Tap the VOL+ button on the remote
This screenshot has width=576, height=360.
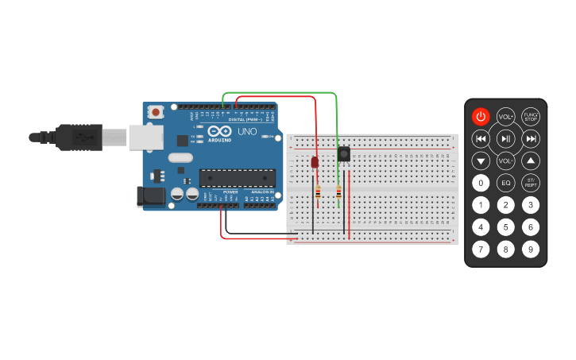click(x=505, y=117)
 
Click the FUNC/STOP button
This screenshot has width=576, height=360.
click(x=531, y=117)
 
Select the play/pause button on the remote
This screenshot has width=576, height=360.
click(x=505, y=139)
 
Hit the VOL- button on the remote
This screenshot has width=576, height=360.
click(x=505, y=161)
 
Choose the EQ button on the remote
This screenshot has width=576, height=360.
click(x=505, y=183)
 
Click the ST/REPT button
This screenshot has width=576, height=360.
click(x=531, y=183)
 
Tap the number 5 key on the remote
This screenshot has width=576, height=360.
click(x=505, y=226)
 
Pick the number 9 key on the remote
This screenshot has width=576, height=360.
click(x=531, y=249)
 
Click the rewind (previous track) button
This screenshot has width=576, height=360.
click(x=481, y=139)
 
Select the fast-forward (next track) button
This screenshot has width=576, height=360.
click(x=531, y=139)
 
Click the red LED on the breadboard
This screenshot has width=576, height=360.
click(x=315, y=162)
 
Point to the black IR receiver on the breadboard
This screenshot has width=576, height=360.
click(x=344, y=154)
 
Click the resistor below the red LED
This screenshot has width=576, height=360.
click(x=319, y=192)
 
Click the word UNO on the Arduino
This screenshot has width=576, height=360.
click(x=246, y=132)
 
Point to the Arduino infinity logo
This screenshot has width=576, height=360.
click(x=220, y=131)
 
